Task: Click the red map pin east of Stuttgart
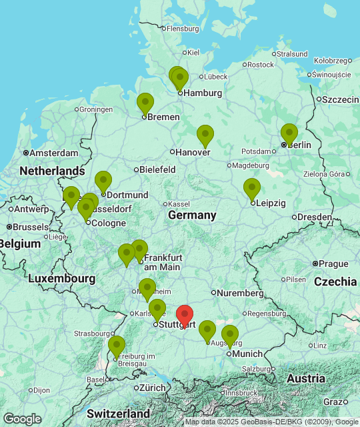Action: click(185, 316)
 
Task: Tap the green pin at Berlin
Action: click(289, 134)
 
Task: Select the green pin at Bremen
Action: click(145, 103)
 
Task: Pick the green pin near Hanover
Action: click(205, 135)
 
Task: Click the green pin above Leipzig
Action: click(251, 189)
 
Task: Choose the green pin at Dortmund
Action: click(103, 181)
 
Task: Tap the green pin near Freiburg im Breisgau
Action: click(117, 346)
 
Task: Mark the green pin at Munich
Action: click(230, 336)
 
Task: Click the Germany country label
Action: click(192, 215)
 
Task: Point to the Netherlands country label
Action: click(52, 171)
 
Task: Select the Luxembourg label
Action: click(61, 278)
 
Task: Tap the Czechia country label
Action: click(335, 281)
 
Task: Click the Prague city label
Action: click(334, 264)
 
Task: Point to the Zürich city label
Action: click(153, 388)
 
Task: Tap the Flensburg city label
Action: click(183, 29)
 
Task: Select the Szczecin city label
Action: click(341, 99)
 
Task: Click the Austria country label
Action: click(306, 378)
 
